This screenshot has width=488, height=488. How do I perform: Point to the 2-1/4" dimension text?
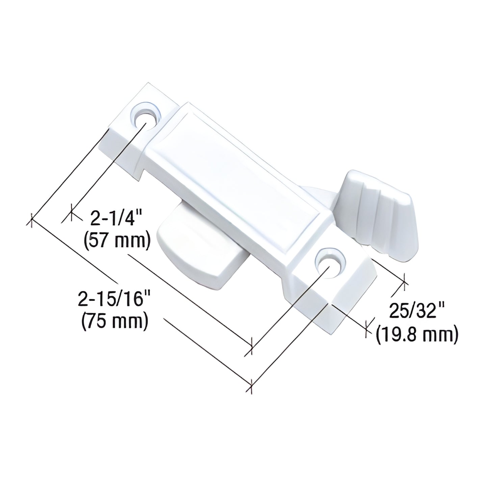(113, 220)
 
